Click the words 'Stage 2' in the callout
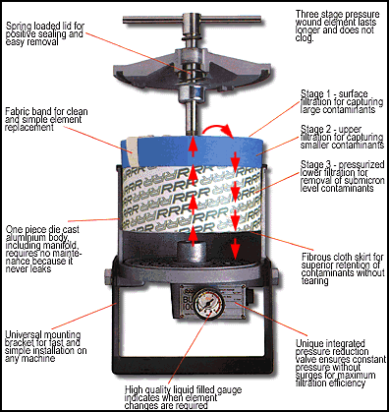click(x=291, y=146)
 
